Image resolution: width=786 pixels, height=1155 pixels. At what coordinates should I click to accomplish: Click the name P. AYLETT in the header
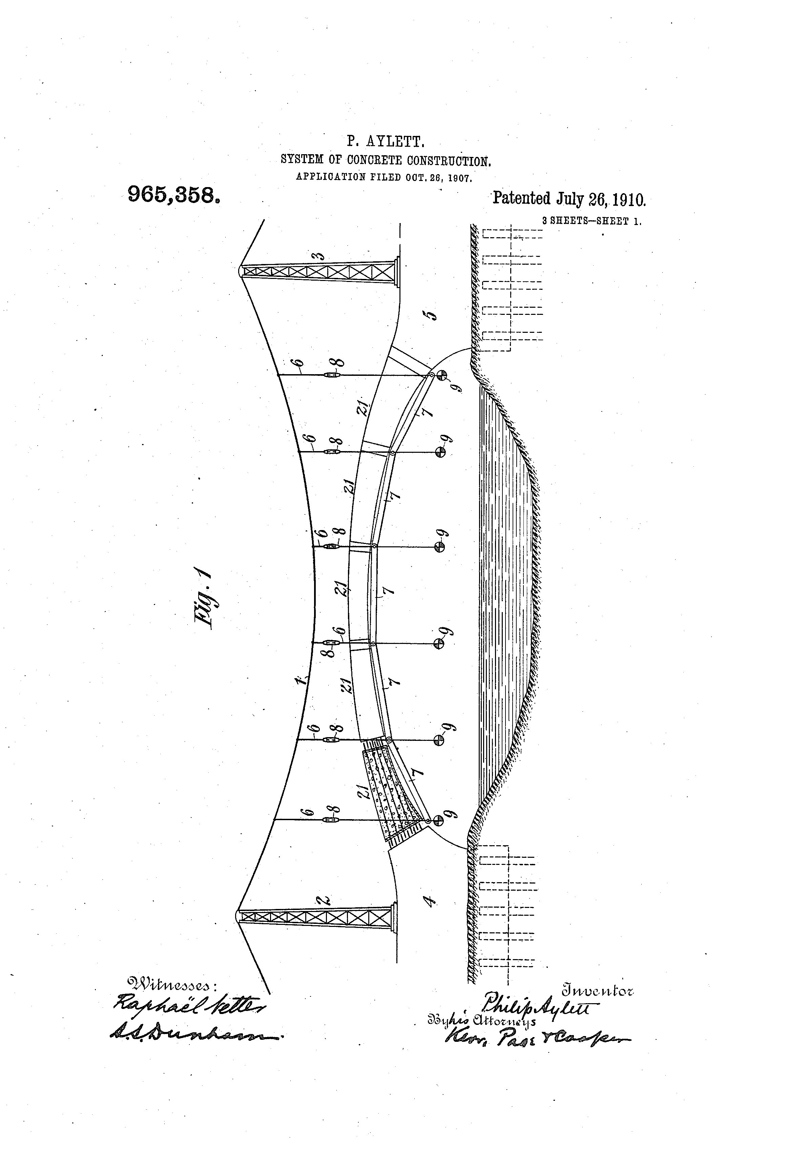coord(385,142)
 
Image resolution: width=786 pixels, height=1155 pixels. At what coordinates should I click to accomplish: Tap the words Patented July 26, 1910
coord(569,199)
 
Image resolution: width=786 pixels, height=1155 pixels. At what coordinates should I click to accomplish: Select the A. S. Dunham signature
coord(194,1035)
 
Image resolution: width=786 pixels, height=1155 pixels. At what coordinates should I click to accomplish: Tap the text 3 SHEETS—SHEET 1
coord(591,222)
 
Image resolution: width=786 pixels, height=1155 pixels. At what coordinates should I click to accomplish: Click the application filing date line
coord(384,177)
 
